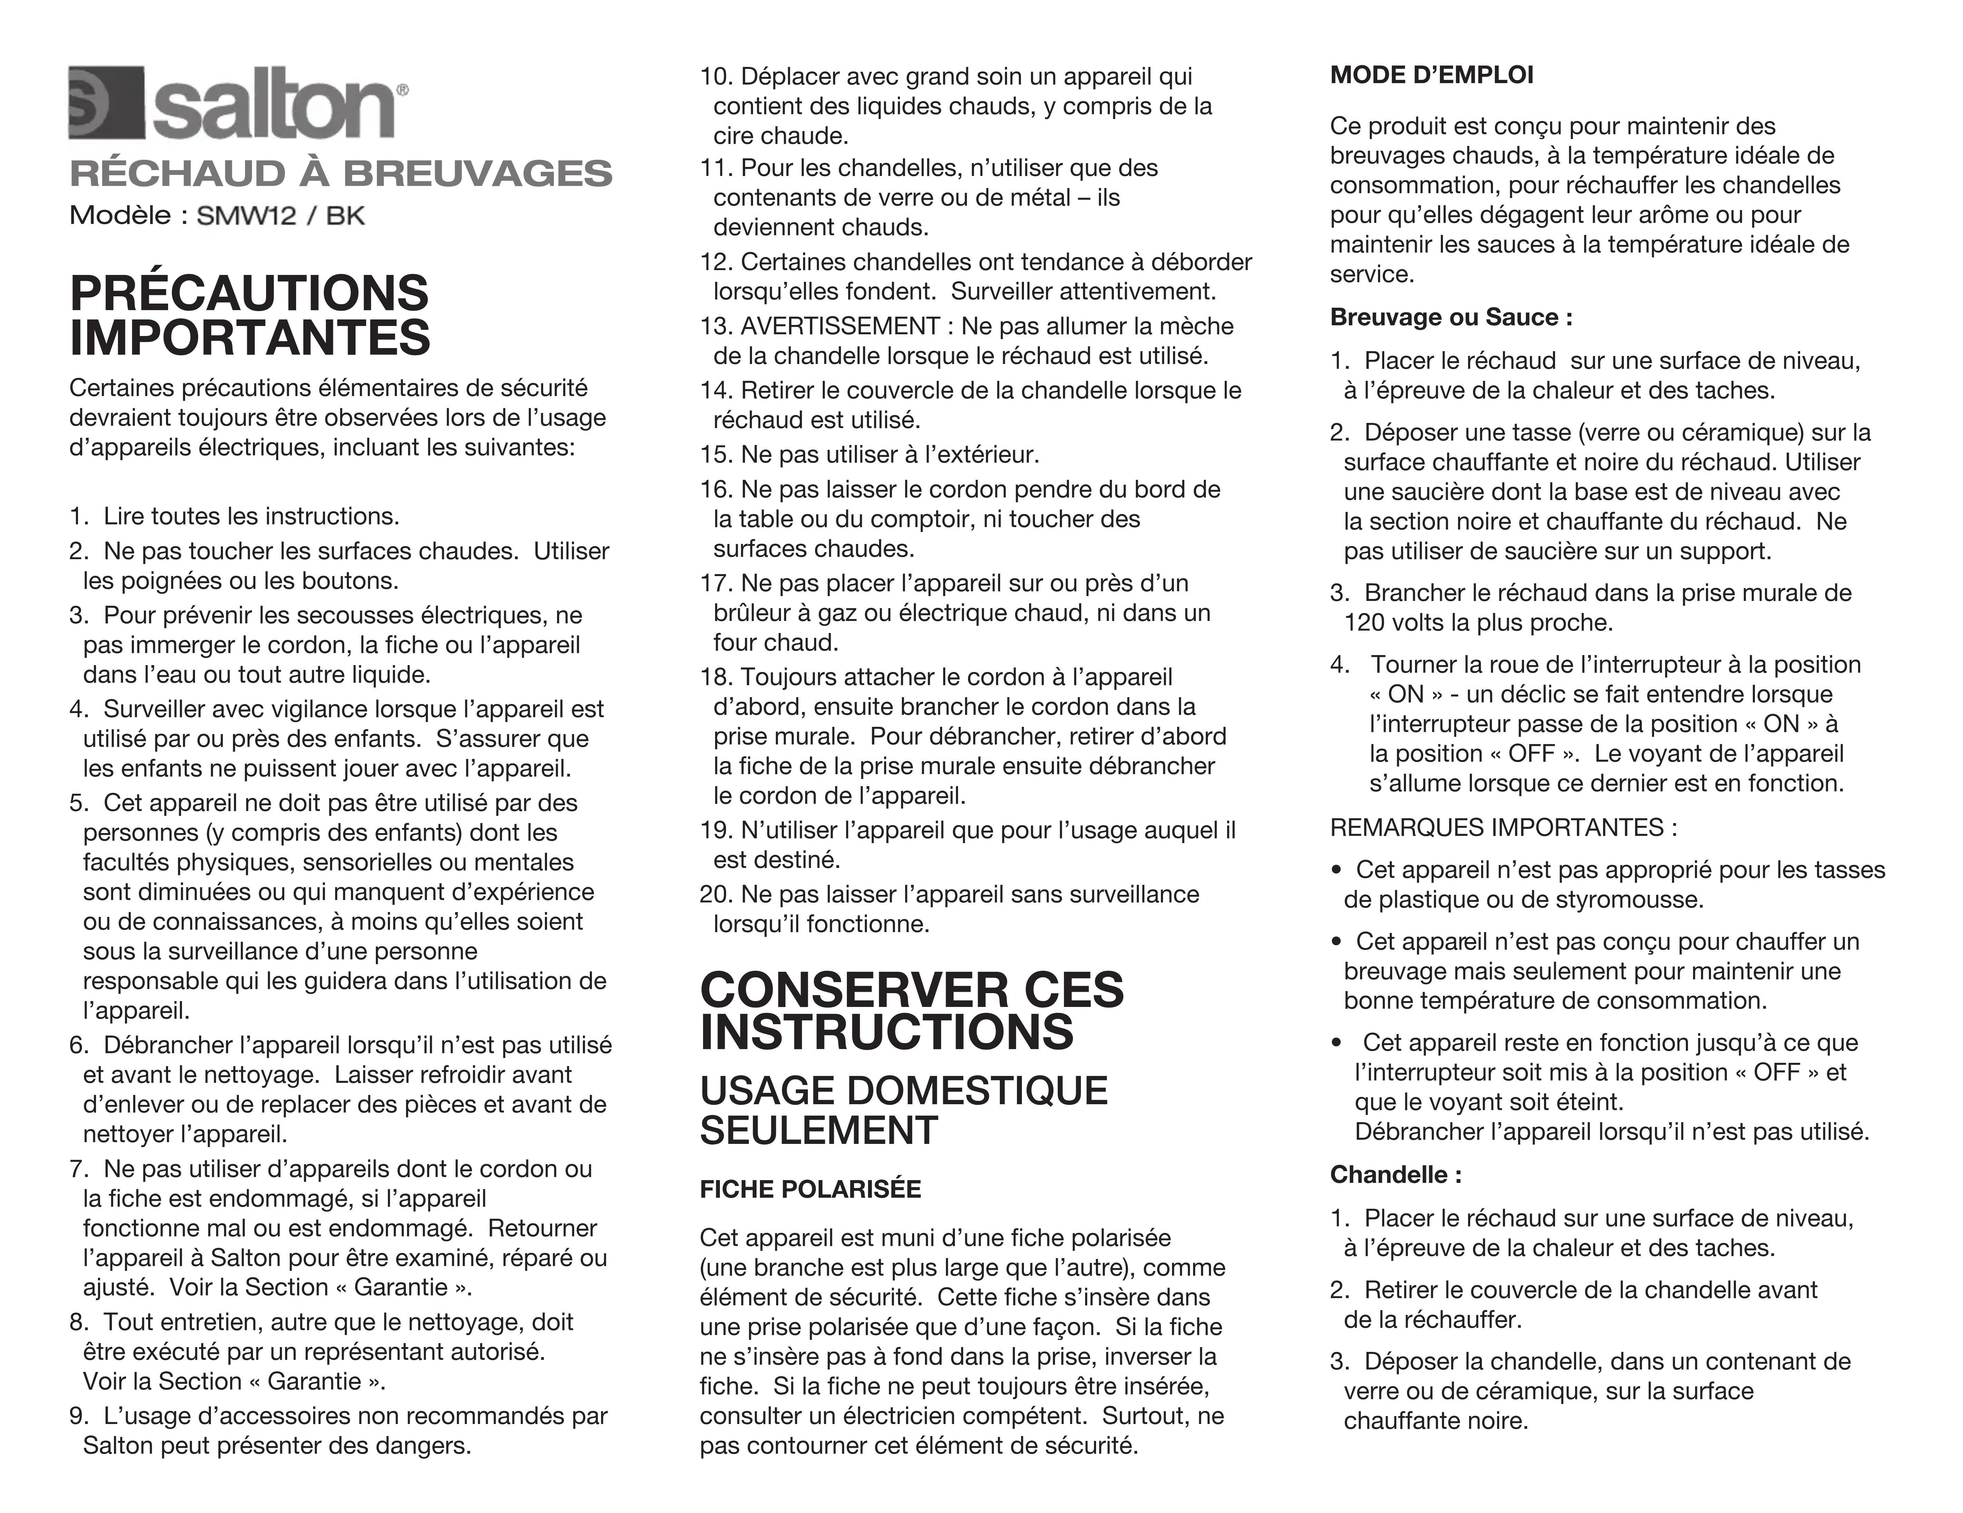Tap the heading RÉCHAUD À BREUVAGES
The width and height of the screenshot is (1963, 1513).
tap(341, 174)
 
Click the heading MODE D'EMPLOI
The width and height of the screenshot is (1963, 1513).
tap(1431, 76)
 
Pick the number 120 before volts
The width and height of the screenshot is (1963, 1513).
tap(1362, 623)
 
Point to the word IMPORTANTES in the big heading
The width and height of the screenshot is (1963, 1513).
tap(250, 339)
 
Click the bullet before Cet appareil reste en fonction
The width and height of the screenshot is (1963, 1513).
tap(1337, 1043)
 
